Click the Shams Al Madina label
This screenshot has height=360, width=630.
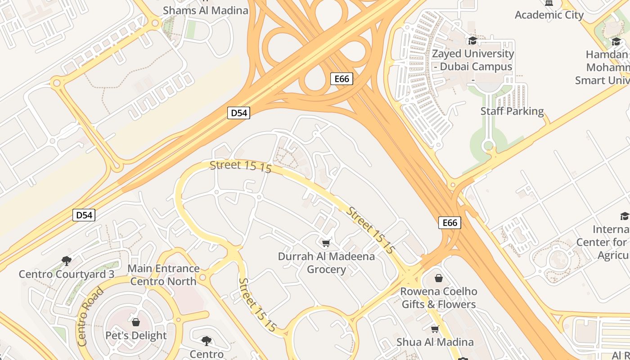point(205,10)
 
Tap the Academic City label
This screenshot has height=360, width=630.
point(549,15)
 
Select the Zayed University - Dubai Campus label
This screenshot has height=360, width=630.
point(472,60)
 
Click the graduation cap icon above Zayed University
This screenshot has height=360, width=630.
point(472,41)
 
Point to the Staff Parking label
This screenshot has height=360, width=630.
point(512,111)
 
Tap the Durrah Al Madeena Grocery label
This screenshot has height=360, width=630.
point(326,263)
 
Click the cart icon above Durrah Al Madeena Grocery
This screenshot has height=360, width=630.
point(326,243)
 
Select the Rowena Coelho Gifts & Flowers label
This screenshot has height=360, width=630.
point(439,298)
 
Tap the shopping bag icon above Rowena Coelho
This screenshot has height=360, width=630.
point(439,278)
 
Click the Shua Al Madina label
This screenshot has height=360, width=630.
point(435,342)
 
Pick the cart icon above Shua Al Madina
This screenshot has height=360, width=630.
point(435,329)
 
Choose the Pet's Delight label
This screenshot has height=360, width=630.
point(136,335)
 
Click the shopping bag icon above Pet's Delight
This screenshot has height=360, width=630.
point(136,322)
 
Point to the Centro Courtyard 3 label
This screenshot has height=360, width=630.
point(67,274)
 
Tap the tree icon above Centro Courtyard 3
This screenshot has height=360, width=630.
point(67,261)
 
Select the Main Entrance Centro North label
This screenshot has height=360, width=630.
point(163,275)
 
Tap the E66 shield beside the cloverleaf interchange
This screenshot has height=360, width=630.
point(342,79)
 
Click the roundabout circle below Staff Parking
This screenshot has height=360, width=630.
point(488,146)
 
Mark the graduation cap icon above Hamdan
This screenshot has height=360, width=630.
point(616,42)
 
